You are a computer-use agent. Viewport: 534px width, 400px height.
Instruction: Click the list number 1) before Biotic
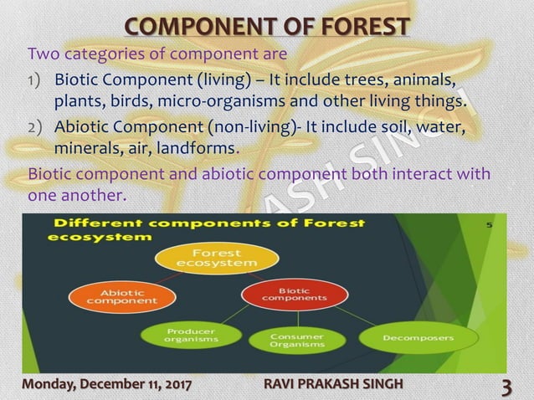click(x=36, y=82)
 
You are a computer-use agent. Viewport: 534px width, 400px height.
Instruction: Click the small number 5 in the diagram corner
click(x=489, y=224)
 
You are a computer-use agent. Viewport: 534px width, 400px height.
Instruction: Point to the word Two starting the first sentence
click(x=42, y=54)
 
